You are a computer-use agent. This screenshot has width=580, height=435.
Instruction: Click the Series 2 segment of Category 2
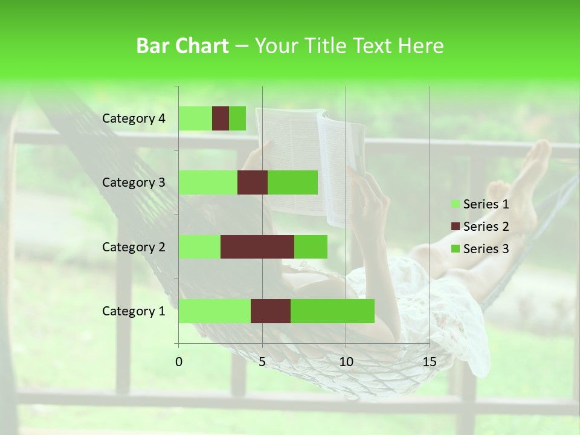click(257, 246)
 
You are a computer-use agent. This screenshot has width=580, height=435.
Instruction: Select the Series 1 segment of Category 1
click(214, 311)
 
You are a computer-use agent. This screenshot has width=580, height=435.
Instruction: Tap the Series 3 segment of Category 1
click(332, 311)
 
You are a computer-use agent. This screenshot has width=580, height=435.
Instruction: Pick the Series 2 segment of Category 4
click(221, 118)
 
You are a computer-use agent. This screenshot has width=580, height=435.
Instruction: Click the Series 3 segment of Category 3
click(292, 182)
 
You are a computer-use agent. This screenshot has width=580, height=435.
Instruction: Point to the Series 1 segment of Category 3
click(208, 182)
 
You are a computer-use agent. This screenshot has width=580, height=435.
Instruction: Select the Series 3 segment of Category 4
click(237, 118)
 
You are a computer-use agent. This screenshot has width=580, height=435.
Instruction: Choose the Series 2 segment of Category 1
click(270, 311)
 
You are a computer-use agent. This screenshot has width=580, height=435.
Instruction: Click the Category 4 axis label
click(134, 118)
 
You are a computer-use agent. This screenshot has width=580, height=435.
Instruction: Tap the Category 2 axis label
click(134, 246)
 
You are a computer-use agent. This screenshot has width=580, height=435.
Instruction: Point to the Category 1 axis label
click(134, 311)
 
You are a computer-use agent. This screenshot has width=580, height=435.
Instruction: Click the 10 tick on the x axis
click(346, 362)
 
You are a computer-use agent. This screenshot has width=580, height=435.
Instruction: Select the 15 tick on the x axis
click(430, 362)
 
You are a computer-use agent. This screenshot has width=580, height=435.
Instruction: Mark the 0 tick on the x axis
click(179, 362)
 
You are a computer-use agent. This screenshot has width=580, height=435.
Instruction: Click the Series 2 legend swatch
click(454, 227)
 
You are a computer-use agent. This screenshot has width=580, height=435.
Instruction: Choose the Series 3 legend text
click(486, 249)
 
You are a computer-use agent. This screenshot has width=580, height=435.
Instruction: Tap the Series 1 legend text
click(486, 204)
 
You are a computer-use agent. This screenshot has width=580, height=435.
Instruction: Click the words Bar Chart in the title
click(182, 46)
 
